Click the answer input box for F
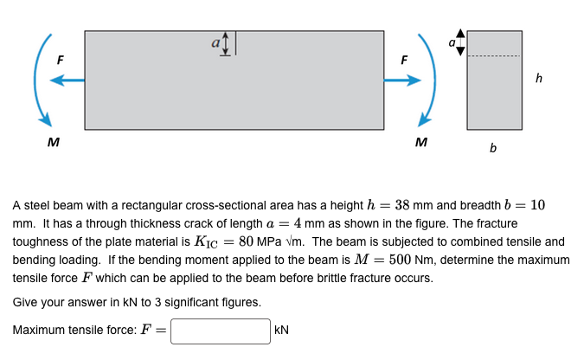click(221, 331)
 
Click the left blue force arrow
click(67, 80)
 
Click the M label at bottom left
click(54, 141)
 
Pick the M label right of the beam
click(421, 141)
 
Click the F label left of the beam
click(61, 60)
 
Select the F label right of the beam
click(403, 60)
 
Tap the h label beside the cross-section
click(540, 79)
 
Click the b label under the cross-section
click(493, 148)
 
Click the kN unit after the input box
click(282, 331)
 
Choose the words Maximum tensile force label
click(74, 331)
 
